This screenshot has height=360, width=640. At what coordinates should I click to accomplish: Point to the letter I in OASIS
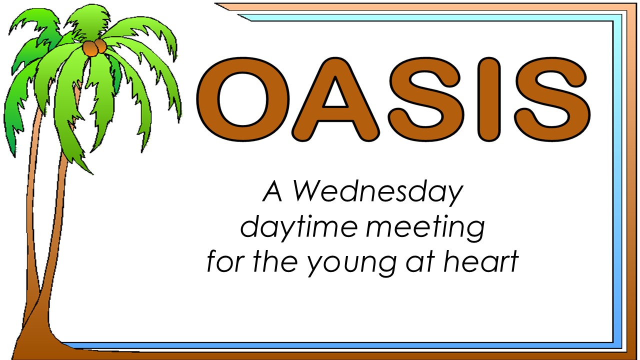(x=488, y=99)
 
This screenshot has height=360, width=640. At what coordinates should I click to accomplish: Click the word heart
(x=481, y=260)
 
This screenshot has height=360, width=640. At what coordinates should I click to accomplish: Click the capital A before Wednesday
(x=272, y=191)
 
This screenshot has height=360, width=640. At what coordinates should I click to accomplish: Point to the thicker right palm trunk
(x=57, y=228)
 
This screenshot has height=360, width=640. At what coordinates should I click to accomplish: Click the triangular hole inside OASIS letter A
(x=335, y=95)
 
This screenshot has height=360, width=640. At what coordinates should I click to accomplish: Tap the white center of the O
(x=243, y=99)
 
